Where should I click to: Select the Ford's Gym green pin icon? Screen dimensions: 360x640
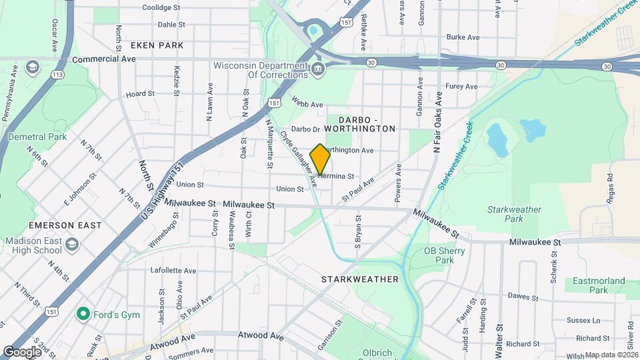point(83,313)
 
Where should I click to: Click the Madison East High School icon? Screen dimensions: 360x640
point(71,246)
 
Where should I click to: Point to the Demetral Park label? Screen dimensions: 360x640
point(37,137)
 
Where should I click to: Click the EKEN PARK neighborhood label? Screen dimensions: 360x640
point(157,45)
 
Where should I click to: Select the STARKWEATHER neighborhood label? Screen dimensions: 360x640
point(360,279)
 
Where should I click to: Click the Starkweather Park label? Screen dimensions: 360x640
point(514,214)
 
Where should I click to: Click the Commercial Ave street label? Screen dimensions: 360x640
point(104,59)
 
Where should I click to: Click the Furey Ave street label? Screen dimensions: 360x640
point(462,87)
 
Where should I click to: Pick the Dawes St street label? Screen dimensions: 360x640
point(523,296)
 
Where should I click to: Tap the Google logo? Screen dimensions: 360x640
point(22,351)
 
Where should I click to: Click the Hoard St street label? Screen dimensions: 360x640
point(140,94)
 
